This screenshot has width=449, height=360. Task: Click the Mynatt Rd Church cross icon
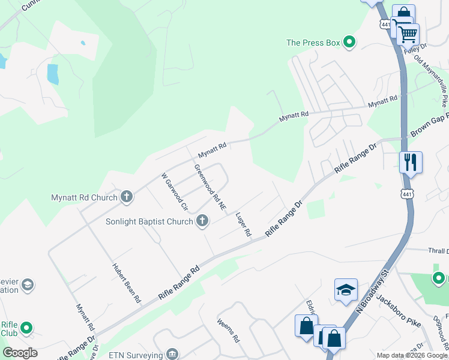[x=126, y=196]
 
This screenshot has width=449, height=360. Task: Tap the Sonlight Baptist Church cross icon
[x=202, y=221]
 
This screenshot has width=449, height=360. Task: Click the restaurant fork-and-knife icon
[x=411, y=162]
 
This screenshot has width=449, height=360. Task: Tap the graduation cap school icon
[x=346, y=290]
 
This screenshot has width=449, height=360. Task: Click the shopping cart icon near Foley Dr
[x=408, y=34]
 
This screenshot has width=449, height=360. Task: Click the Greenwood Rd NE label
[x=210, y=187]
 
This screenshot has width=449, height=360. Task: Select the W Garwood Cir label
[x=171, y=191]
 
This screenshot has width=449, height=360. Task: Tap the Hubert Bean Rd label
[x=127, y=282]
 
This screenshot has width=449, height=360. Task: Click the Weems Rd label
[x=229, y=330]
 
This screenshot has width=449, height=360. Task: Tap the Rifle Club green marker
[x=26, y=328]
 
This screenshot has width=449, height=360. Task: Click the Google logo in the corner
[x=20, y=353]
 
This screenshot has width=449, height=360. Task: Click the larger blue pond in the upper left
[x=53, y=73]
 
